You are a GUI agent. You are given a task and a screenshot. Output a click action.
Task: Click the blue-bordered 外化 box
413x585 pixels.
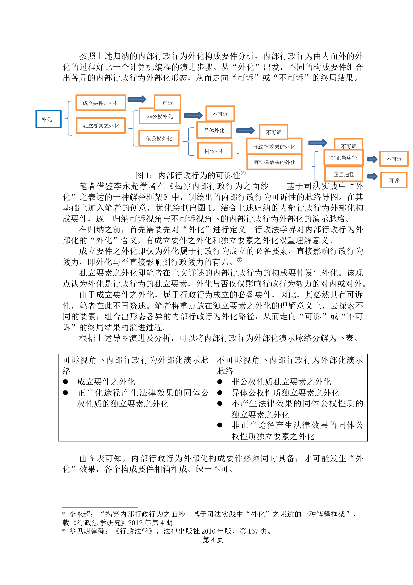(48, 119)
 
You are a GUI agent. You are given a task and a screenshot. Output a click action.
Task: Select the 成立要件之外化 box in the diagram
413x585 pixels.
(101, 103)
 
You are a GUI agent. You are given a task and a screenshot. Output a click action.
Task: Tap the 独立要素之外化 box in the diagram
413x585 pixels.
(101, 126)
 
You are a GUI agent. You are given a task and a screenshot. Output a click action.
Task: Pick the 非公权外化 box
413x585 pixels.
(160, 117)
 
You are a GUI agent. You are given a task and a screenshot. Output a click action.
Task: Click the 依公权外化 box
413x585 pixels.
(159, 138)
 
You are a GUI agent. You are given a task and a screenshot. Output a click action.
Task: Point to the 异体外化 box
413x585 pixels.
(214, 130)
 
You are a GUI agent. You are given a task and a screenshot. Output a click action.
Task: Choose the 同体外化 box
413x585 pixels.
(215, 151)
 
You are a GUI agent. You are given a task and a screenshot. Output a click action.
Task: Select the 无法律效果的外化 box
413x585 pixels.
(274, 147)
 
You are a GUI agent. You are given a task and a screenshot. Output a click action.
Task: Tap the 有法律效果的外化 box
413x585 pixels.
(274, 162)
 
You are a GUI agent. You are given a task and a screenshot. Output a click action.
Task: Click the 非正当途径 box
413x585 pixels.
(344, 158)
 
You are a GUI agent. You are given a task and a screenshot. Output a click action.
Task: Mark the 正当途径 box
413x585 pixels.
(344, 174)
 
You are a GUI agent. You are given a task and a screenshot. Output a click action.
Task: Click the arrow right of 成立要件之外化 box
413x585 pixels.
(137, 99)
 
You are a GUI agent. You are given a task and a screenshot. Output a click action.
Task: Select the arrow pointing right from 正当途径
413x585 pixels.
(372, 176)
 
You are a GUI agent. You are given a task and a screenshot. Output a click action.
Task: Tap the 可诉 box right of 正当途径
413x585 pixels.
(394, 180)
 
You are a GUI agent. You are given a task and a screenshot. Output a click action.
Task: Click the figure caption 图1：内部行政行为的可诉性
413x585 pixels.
(191, 175)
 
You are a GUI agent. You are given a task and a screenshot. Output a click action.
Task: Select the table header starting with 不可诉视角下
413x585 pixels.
(290, 365)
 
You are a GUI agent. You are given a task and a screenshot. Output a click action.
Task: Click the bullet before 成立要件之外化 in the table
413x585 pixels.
(66, 382)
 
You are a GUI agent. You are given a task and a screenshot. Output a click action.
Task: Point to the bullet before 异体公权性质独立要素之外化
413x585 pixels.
(220, 393)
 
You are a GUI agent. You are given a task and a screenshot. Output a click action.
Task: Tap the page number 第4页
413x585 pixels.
(213, 540)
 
